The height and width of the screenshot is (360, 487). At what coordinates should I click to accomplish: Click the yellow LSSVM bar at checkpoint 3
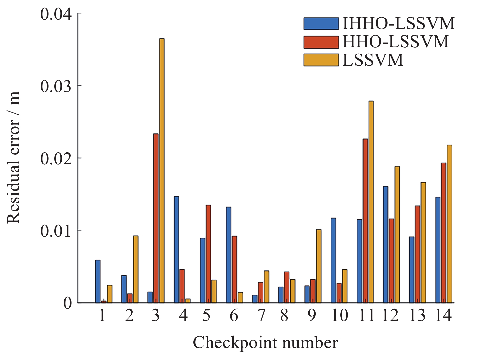[162, 170]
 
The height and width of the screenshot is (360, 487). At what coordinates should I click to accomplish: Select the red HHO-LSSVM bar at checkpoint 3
[156, 218]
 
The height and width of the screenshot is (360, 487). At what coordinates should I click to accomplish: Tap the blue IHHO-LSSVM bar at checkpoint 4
[176, 249]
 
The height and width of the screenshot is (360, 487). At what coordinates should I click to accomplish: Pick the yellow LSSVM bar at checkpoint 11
[371, 202]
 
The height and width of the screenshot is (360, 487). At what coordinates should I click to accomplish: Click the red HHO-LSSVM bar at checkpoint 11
[365, 221]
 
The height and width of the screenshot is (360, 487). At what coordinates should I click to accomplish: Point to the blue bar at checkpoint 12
[385, 244]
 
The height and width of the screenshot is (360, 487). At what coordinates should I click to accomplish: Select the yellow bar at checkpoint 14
[449, 224]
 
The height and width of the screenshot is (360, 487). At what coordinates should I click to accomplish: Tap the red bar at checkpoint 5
[208, 254]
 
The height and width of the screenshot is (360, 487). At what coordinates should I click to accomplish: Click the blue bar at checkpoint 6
[228, 255]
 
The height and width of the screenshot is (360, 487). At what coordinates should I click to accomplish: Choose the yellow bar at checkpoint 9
[319, 266]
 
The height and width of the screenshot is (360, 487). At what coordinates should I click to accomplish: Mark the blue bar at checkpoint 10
[333, 260]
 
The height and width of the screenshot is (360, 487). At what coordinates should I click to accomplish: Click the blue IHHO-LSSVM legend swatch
[321, 23]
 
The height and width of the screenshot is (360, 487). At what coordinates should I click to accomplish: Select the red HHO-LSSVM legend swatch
[321, 42]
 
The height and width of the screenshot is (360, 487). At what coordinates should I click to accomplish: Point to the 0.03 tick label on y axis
[56, 86]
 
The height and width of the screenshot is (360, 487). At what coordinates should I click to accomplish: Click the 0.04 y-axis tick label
[56, 14]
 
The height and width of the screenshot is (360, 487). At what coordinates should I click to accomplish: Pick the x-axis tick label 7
[261, 316]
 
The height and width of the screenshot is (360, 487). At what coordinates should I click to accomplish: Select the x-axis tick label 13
[417, 316]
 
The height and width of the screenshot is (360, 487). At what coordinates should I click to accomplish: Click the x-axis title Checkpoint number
[265, 343]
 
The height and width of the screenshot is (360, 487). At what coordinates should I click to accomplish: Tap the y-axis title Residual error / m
[14, 158]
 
